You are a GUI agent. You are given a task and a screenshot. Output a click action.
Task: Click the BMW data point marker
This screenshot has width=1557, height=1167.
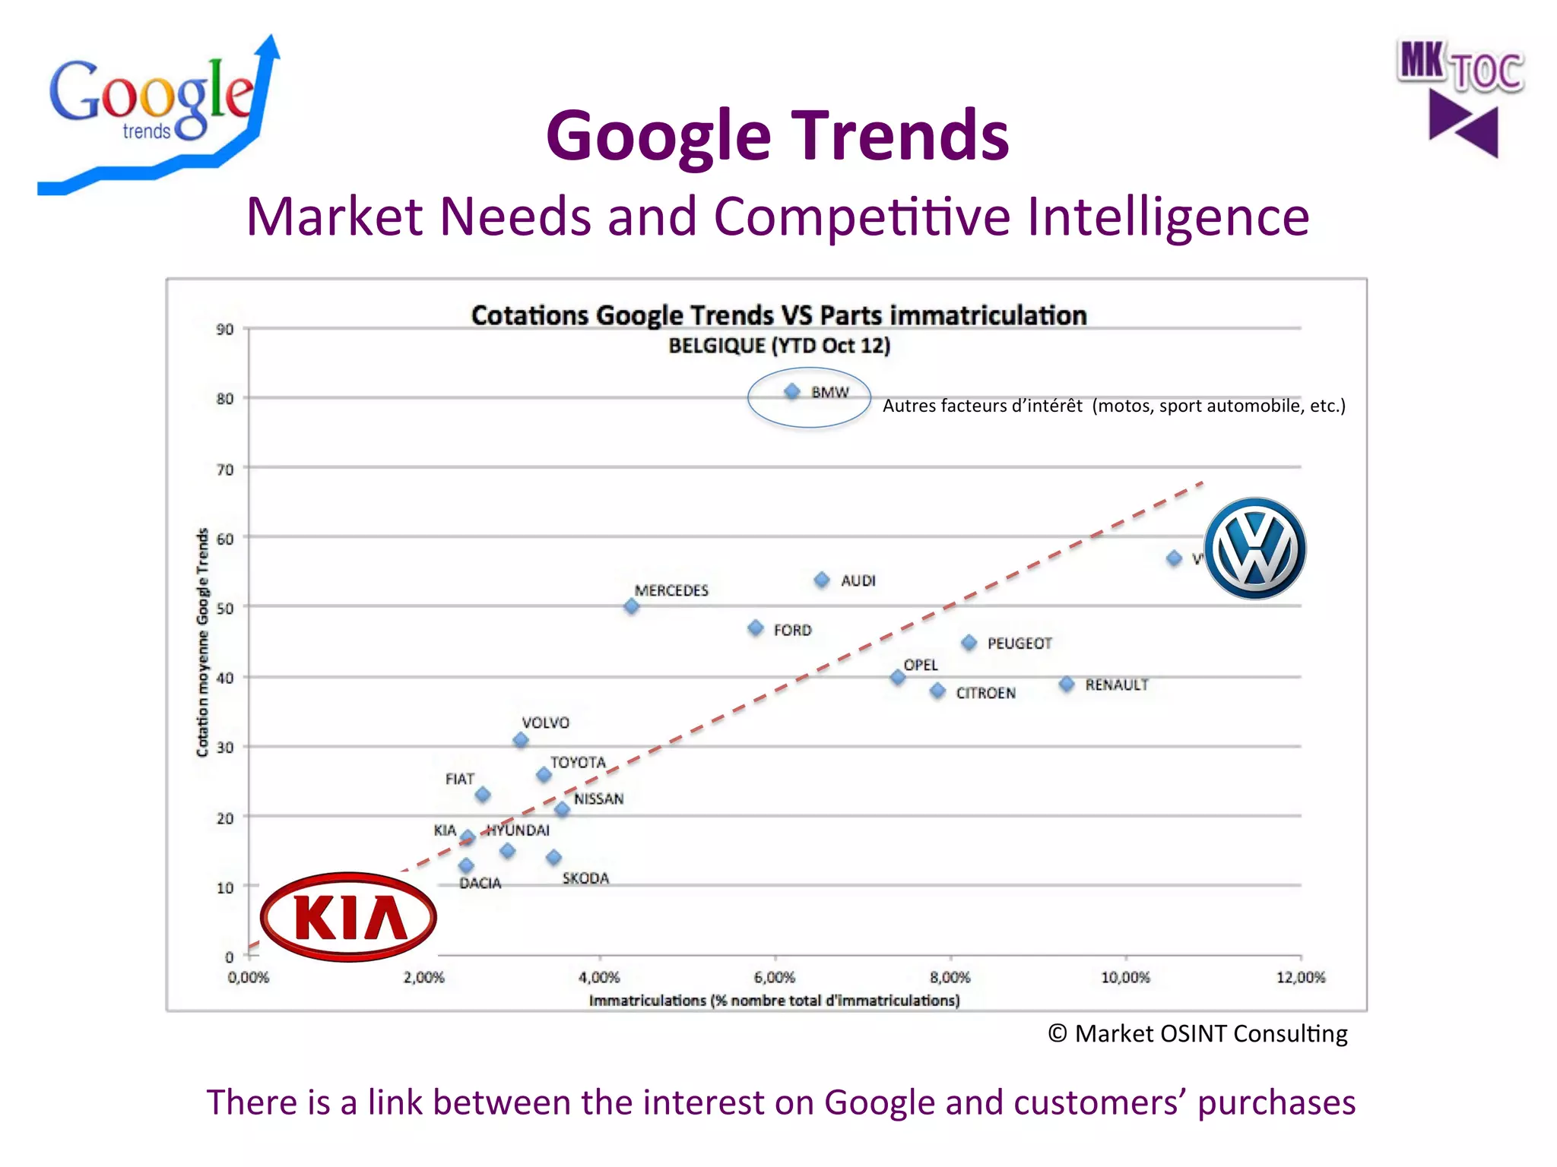[x=792, y=391]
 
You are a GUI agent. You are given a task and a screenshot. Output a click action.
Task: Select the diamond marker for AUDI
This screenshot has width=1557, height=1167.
[x=822, y=580]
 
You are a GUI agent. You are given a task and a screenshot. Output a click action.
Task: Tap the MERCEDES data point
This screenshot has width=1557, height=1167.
[x=631, y=606]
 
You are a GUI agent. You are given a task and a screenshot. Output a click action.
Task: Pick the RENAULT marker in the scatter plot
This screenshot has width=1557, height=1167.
[x=1067, y=684]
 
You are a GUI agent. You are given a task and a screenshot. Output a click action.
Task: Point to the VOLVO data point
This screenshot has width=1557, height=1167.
[x=521, y=740]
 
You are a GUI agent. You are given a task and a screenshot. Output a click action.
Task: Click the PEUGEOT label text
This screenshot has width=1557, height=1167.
[x=1020, y=644]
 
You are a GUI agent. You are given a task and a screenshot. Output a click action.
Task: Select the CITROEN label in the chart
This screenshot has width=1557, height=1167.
[x=985, y=693]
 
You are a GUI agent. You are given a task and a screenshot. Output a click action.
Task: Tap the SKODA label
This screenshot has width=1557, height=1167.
[x=585, y=878]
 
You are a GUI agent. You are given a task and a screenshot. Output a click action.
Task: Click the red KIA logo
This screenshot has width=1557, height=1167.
[x=348, y=917]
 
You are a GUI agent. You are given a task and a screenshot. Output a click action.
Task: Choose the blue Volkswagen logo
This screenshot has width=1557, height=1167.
[x=1255, y=549]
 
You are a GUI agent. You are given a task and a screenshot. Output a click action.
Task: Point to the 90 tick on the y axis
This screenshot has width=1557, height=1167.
[x=224, y=329]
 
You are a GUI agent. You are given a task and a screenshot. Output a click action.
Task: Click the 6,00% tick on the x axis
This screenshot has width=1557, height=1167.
[x=775, y=977]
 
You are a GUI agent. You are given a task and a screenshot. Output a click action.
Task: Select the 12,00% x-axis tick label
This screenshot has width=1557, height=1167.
[x=1300, y=977]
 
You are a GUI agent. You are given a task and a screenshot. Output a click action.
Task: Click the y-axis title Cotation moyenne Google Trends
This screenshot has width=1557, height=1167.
[x=202, y=642]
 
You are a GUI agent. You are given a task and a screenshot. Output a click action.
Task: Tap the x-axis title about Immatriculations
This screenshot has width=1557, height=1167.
[x=774, y=1001]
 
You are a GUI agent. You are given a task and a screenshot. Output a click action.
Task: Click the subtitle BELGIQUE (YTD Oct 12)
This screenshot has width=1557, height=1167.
[x=779, y=346]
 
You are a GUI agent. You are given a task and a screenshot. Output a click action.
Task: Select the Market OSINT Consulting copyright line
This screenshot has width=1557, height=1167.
[x=1197, y=1033]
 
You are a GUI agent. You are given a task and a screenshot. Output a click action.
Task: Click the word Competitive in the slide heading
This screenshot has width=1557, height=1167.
[x=862, y=217]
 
